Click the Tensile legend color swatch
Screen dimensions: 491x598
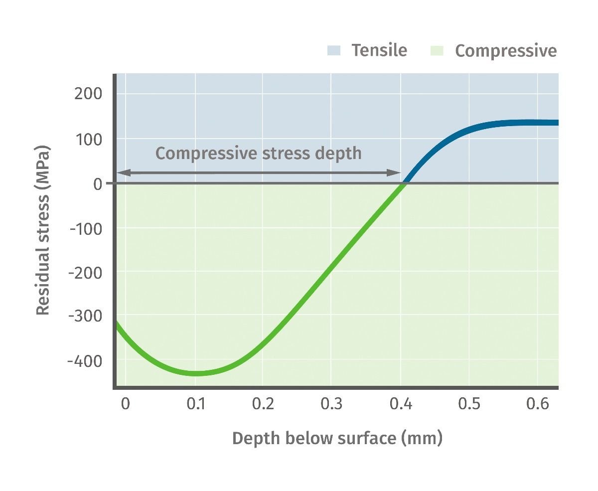(x=334, y=50)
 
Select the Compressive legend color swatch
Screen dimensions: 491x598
(x=437, y=50)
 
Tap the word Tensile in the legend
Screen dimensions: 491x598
(x=379, y=50)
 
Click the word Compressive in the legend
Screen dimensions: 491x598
(x=506, y=51)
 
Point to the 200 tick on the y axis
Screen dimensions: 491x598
(x=88, y=94)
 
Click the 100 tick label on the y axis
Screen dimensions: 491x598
(x=88, y=139)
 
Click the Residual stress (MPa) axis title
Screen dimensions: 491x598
(x=43, y=230)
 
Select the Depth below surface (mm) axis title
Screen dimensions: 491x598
(x=337, y=439)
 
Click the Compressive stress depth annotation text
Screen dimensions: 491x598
(x=259, y=153)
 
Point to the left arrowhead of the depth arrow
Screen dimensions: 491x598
(x=122, y=173)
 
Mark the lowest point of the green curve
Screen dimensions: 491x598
(x=195, y=373)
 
